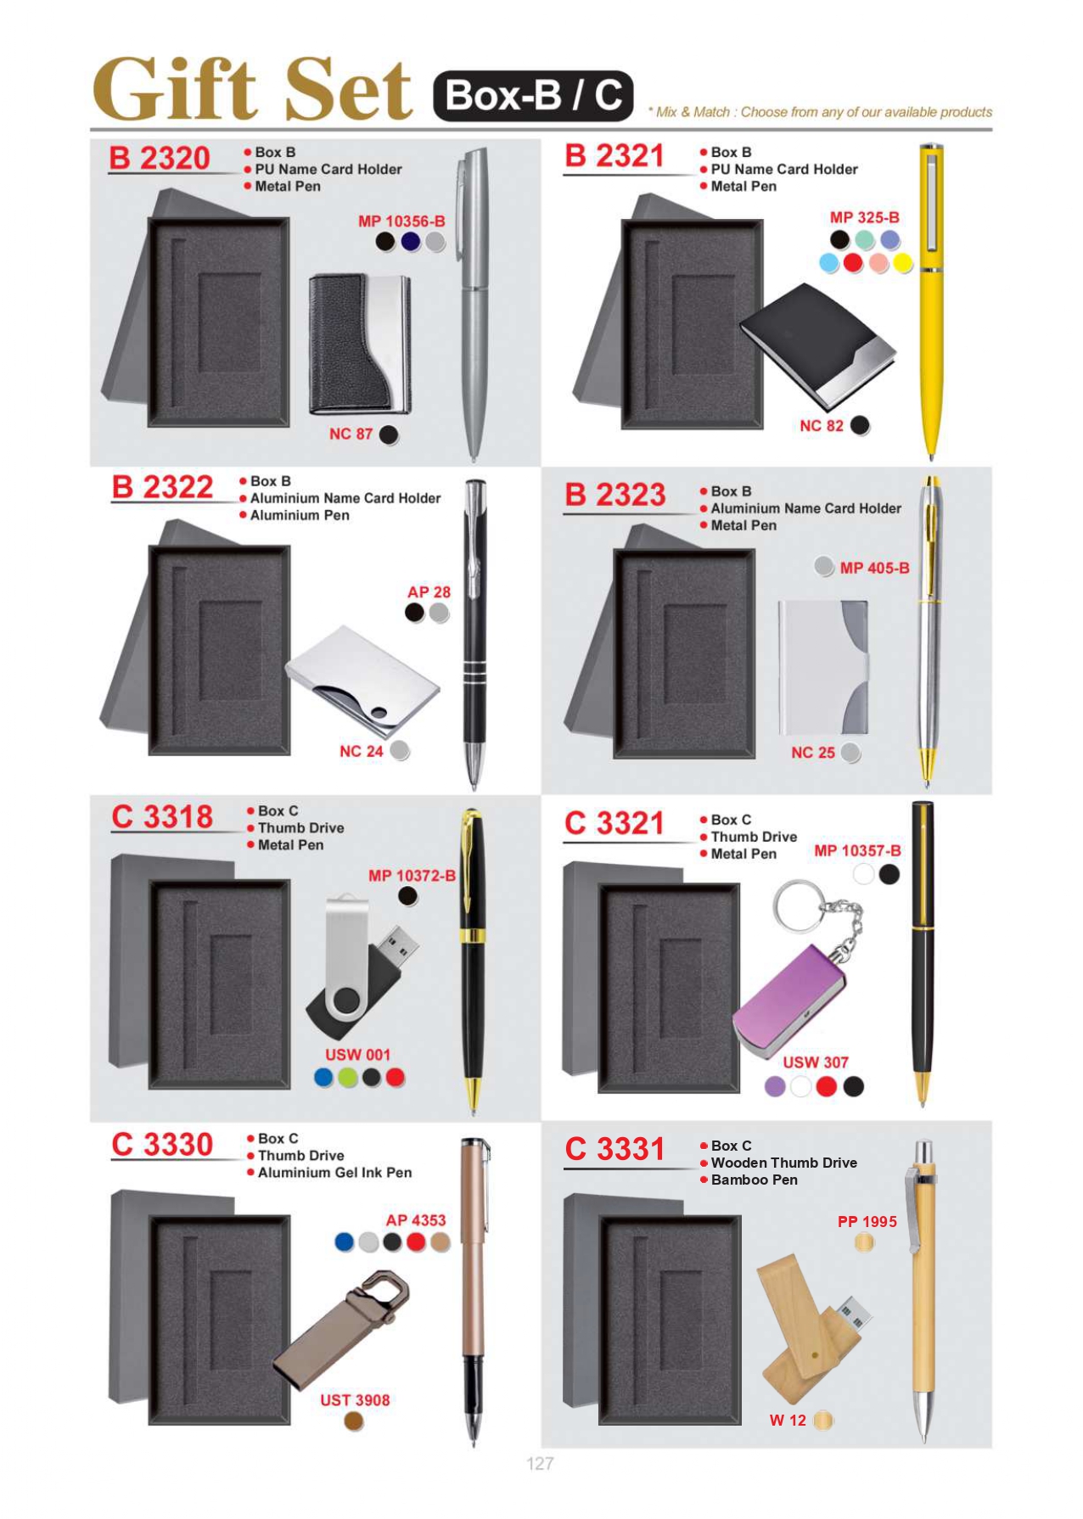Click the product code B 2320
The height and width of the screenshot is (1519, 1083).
click(x=159, y=159)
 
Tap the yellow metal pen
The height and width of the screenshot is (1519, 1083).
click(x=931, y=301)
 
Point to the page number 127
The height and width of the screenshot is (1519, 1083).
click(x=540, y=1463)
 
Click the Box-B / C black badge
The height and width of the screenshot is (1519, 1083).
click(x=534, y=96)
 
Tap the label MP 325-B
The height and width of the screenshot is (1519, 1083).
click(x=864, y=217)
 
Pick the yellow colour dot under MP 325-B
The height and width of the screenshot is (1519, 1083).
click(x=902, y=263)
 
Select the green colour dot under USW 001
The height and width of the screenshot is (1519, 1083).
click(x=348, y=1077)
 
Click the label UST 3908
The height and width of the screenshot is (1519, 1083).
click(x=355, y=1400)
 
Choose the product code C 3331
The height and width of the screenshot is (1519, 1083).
click(x=614, y=1149)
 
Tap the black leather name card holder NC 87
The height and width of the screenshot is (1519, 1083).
click(x=361, y=345)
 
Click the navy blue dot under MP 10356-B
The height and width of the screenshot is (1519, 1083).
click(x=411, y=242)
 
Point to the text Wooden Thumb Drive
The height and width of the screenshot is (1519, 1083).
click(x=784, y=1163)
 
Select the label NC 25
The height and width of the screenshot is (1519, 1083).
click(x=813, y=753)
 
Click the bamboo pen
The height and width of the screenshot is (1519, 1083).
click(x=922, y=1291)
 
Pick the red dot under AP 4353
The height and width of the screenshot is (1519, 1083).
click(x=416, y=1242)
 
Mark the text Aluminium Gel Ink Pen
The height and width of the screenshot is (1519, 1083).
click(x=335, y=1173)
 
